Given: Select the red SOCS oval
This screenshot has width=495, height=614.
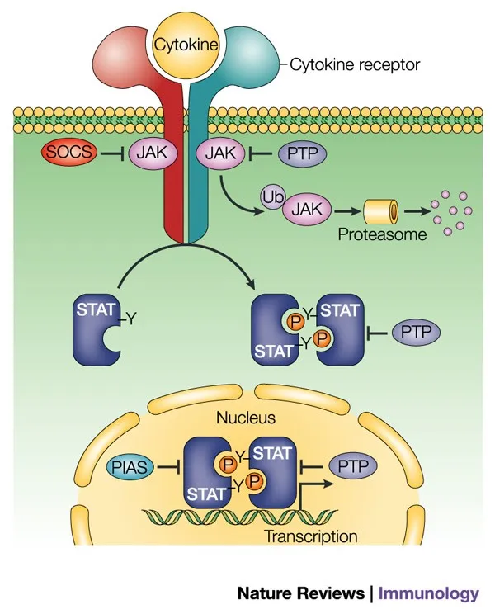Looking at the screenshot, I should coord(71,153).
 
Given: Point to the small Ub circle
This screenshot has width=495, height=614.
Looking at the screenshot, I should coord(270,199).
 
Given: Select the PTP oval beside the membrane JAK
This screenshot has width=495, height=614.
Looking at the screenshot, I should coord(303,153).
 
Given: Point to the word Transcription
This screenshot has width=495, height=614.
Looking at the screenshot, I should coord(310,536).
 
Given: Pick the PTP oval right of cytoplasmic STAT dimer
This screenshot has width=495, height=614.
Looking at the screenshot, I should coord(415,333).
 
